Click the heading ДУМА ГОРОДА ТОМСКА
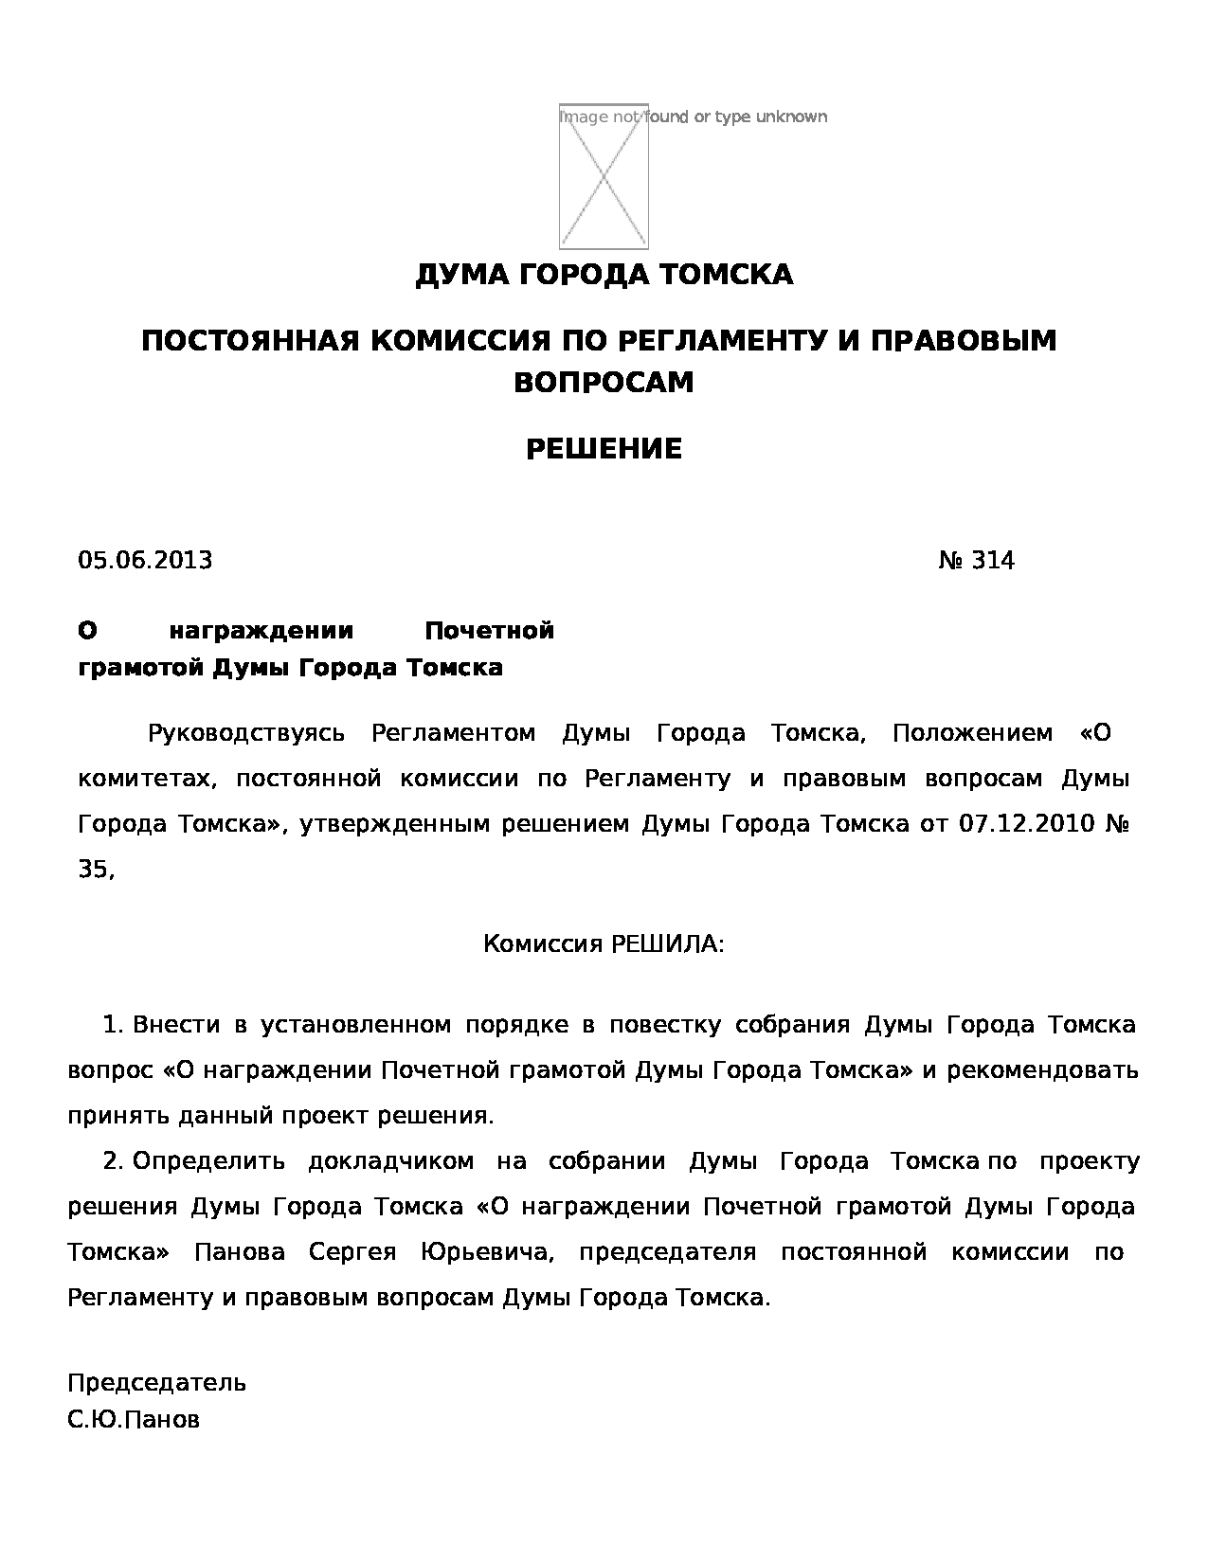pyautogui.click(x=604, y=275)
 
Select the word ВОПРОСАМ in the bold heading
pyautogui.click(x=604, y=382)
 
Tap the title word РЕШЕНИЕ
pyautogui.click(x=604, y=449)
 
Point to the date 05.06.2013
pyautogui.click(x=145, y=561)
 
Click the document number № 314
pyautogui.click(x=976, y=561)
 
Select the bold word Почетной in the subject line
pyautogui.click(x=489, y=631)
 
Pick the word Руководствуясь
pyautogui.click(x=246, y=733)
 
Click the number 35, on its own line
pyautogui.click(x=96, y=870)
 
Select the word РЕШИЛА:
pyautogui.click(x=667, y=944)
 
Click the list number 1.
pyautogui.click(x=113, y=1025)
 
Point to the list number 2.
pyautogui.click(x=113, y=1161)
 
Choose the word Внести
pyautogui.click(x=176, y=1025)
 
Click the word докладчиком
pyautogui.click(x=391, y=1161)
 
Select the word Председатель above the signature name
pyautogui.click(x=156, y=1383)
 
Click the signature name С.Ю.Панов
pyautogui.click(x=134, y=1421)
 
